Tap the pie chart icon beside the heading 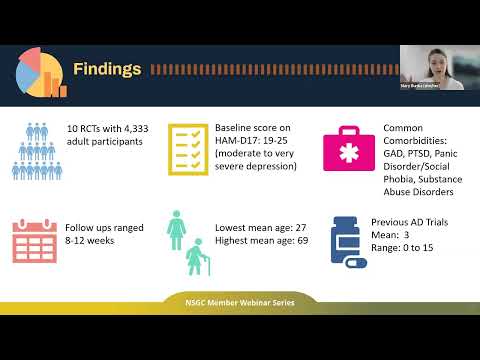click(x=40, y=70)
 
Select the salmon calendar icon click(x=35, y=240)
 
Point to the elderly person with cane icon click(x=196, y=257)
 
